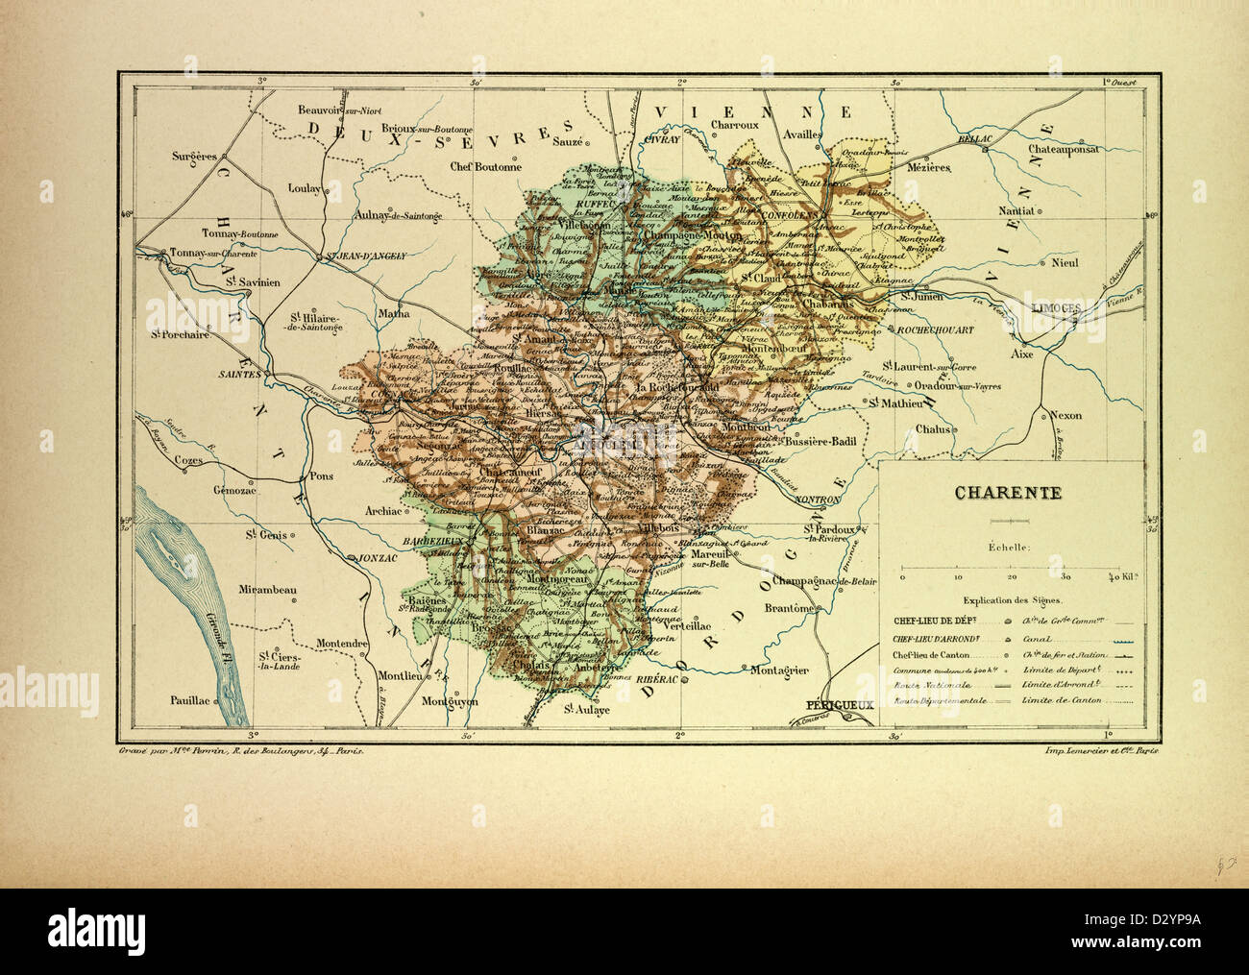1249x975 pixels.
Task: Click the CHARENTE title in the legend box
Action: [1007, 494]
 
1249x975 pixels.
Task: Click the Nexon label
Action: [1065, 416]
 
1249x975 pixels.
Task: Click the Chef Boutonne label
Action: [486, 166]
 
